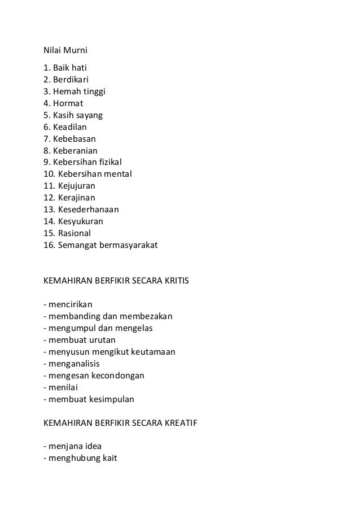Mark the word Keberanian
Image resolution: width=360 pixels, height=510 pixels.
[x=76, y=150]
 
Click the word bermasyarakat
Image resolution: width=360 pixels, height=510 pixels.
[x=130, y=245]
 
